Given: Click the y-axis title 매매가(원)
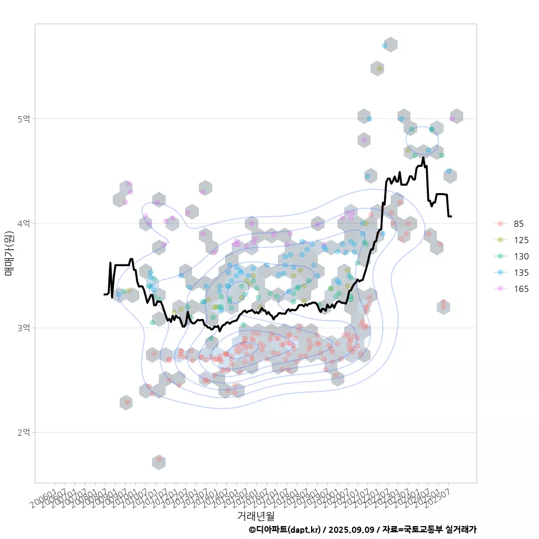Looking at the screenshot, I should pyautogui.click(x=8, y=253).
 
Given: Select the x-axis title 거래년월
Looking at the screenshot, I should pyautogui.click(x=255, y=515).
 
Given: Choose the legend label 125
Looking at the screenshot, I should pyautogui.click(x=521, y=240).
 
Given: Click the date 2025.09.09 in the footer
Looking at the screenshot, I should pyautogui.click(x=351, y=529).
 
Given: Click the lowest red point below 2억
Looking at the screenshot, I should pyautogui.click(x=159, y=459).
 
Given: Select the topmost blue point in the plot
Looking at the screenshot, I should pyautogui.click(x=385, y=45).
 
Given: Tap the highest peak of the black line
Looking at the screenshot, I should pyautogui.click(x=423, y=158).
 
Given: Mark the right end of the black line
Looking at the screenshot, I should pyautogui.click(x=451, y=216).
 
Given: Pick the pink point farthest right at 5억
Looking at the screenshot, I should pyautogui.click(x=453, y=118).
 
